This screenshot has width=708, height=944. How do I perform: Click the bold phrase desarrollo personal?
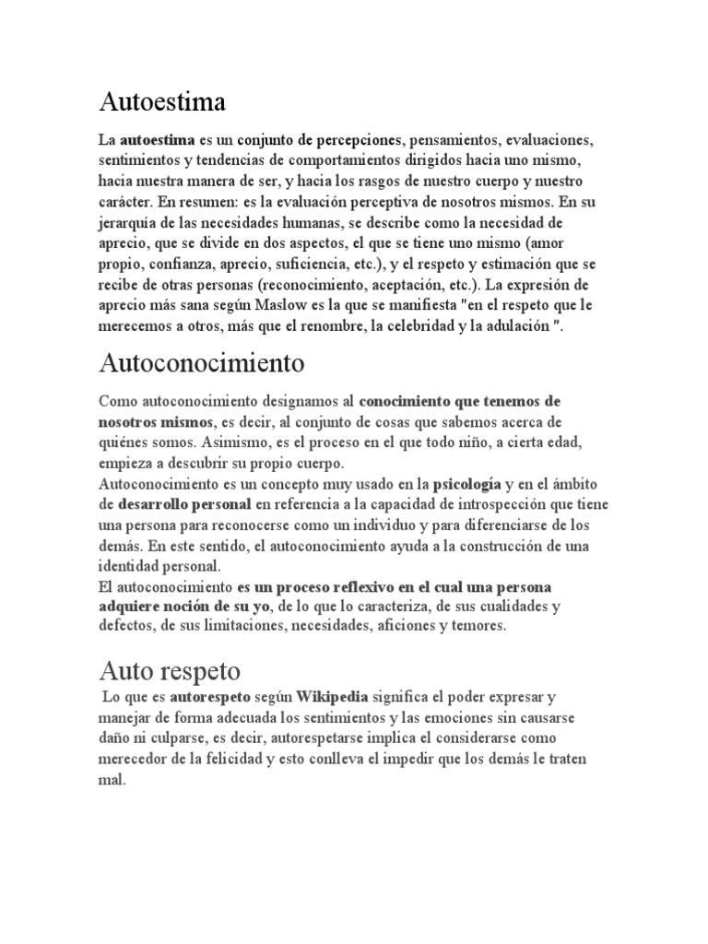[184, 502]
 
